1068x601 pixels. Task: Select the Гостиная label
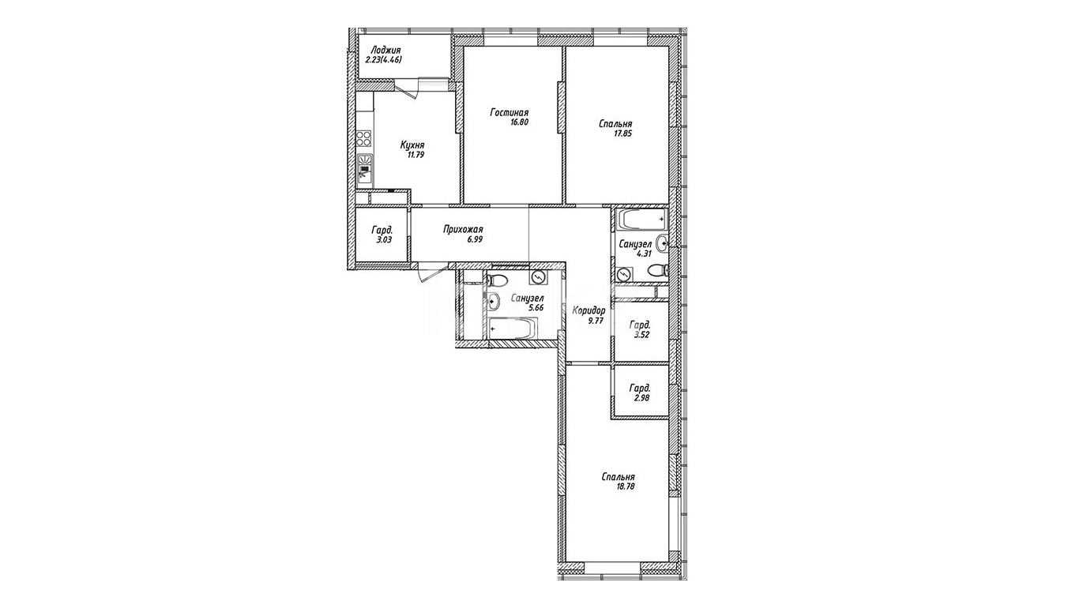(x=510, y=113)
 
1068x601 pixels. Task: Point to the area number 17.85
(x=622, y=133)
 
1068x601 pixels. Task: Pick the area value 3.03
(x=384, y=240)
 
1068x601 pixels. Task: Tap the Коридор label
(x=589, y=310)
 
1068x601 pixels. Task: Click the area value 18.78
(x=625, y=486)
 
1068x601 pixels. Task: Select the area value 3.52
(x=641, y=335)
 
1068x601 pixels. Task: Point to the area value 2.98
(x=641, y=397)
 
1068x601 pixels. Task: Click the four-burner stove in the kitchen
(x=364, y=137)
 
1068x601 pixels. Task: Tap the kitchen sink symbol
(x=365, y=171)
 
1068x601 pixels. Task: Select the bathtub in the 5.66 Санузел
(x=513, y=329)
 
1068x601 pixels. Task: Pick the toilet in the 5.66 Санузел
(x=497, y=280)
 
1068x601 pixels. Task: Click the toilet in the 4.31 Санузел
(x=657, y=271)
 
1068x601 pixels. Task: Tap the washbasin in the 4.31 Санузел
(x=662, y=243)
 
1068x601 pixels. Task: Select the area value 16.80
(x=519, y=122)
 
